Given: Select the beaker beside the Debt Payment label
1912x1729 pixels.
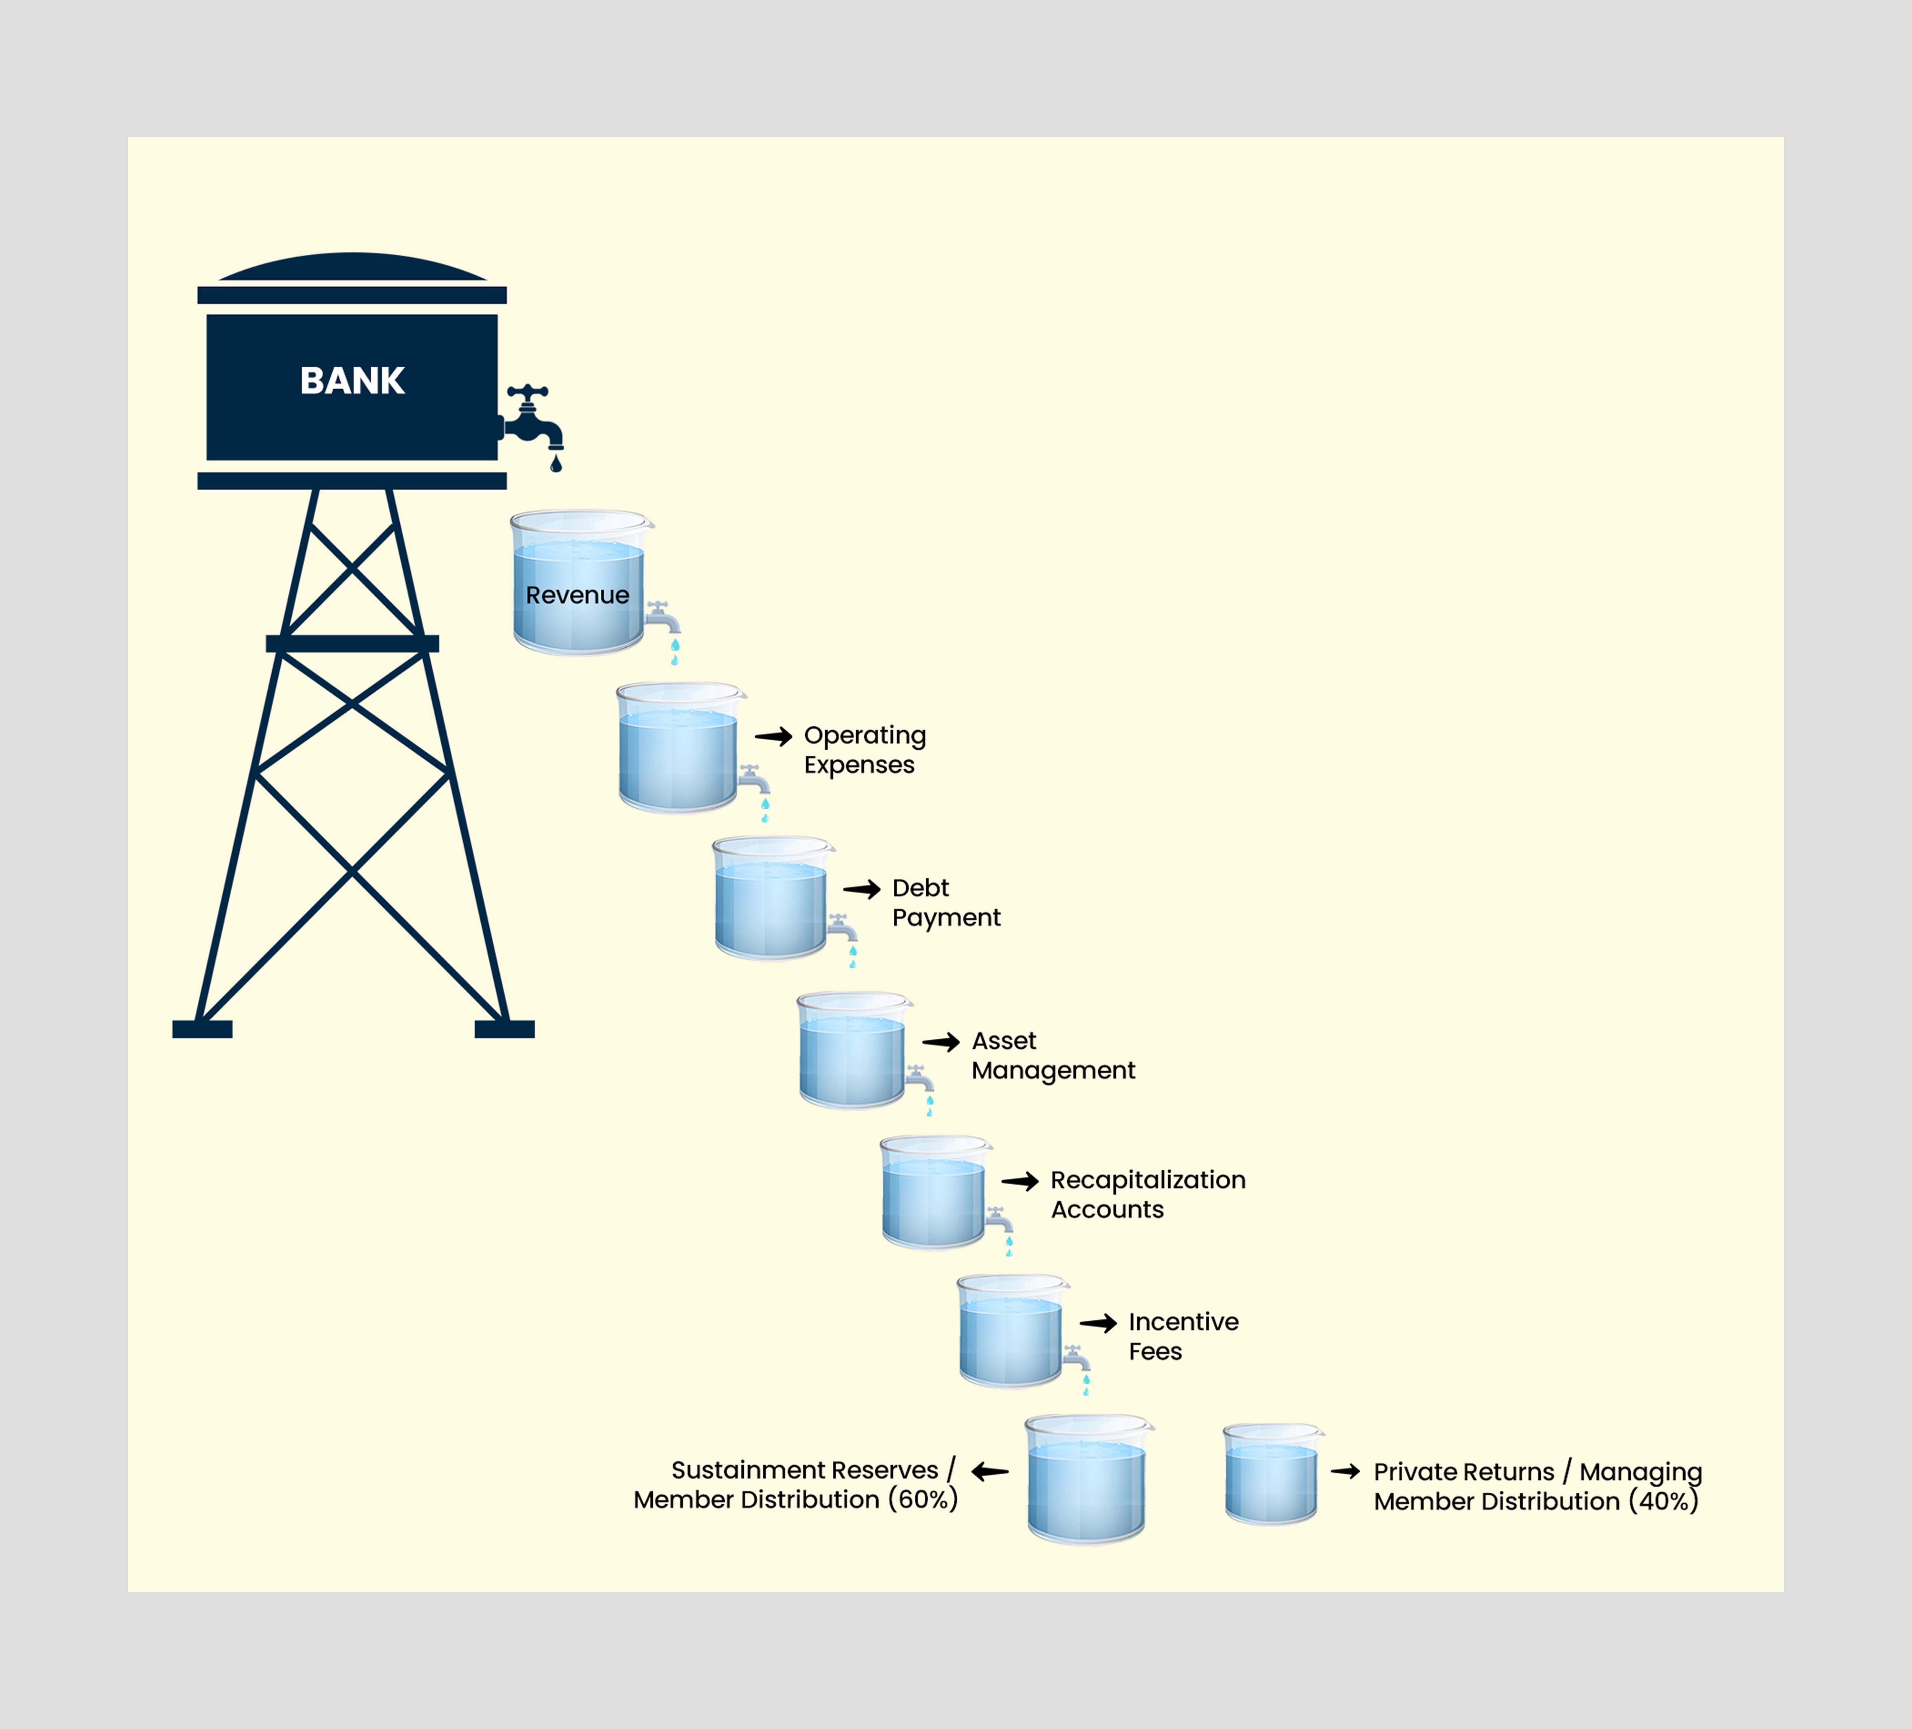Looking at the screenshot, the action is click(772, 898).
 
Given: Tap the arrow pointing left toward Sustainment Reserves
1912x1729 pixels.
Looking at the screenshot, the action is click(989, 1472).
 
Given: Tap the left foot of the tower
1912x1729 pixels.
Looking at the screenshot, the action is click(202, 1029).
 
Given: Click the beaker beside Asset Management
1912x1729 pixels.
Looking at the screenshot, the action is click(854, 1050).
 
